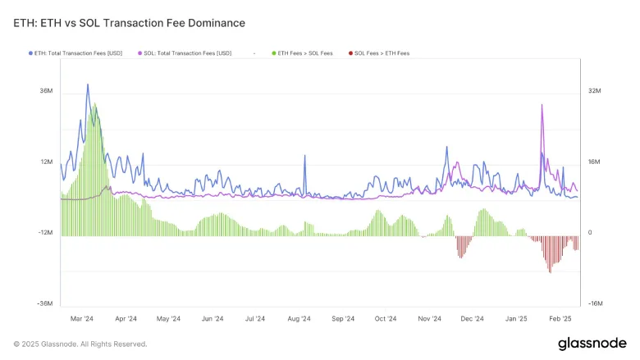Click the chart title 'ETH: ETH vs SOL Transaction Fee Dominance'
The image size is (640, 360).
click(x=129, y=23)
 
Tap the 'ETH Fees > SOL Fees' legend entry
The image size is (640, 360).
click(x=303, y=53)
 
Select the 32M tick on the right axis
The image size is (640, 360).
click(x=596, y=92)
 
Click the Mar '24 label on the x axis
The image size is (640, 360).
click(x=82, y=318)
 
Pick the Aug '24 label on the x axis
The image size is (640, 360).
click(x=299, y=318)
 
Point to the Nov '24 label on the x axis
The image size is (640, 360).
click(x=429, y=318)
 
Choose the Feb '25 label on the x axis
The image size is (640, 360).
click(x=560, y=318)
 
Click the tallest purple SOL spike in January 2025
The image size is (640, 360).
click(x=542, y=105)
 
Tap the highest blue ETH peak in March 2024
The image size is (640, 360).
click(x=88, y=84)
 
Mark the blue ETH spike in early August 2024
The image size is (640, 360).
click(x=306, y=155)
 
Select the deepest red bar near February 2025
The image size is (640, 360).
click(x=550, y=271)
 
